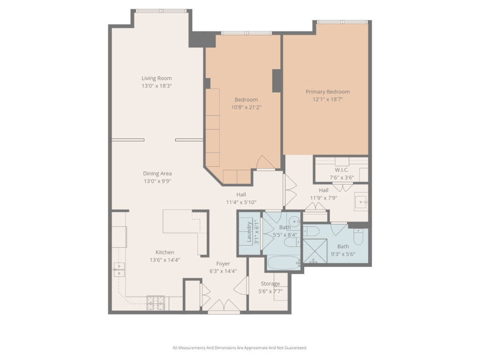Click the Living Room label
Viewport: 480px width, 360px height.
157,78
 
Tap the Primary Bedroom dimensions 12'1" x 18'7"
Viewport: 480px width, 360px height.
328,99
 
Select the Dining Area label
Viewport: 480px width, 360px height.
157,173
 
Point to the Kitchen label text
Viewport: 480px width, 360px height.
165,252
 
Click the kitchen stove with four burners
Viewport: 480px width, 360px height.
156,303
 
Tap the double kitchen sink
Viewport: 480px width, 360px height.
119,270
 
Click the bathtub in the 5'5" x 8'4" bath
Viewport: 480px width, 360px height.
284,263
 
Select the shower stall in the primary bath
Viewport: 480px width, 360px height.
315,251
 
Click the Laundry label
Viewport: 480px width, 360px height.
249,232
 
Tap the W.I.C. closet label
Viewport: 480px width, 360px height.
342,170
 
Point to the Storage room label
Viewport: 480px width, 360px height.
270,284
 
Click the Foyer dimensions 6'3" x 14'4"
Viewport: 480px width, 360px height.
223,271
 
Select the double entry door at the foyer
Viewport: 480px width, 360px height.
224,306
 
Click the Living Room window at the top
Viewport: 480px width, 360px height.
161,11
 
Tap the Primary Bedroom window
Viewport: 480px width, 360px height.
342,22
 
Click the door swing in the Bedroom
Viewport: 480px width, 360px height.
265,163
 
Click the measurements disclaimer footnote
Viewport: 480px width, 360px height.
240,348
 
